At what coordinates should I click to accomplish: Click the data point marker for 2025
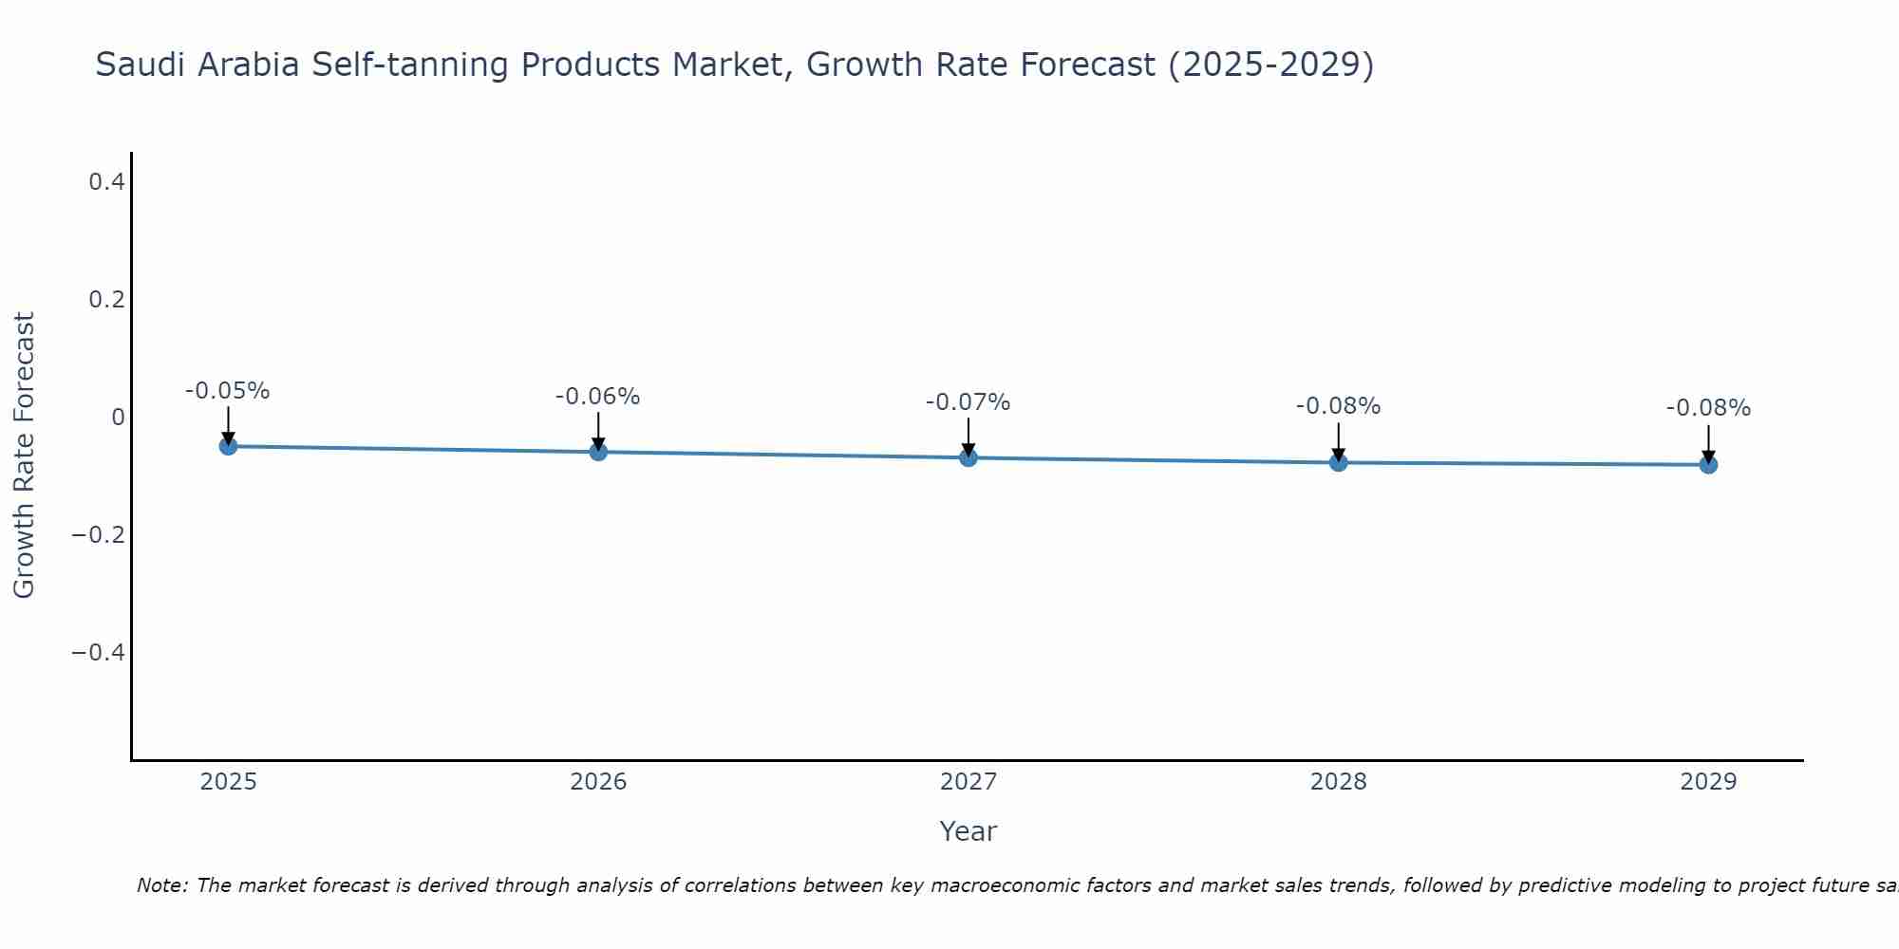point(228,446)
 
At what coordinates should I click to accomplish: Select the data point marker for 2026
point(598,452)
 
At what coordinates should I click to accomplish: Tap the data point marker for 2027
point(968,457)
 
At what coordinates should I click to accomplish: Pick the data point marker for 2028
point(1339,462)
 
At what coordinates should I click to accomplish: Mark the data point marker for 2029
point(1708,464)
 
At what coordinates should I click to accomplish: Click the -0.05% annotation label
point(228,391)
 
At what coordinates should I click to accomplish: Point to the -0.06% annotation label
point(598,397)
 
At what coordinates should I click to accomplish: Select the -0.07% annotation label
point(968,402)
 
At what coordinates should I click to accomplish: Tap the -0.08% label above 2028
point(1339,406)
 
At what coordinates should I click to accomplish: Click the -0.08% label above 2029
point(1708,408)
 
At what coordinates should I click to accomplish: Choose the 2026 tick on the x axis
point(598,782)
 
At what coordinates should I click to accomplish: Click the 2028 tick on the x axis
point(1339,782)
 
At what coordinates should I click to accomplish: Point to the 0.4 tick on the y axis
point(107,181)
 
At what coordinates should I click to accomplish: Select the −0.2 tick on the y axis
point(99,535)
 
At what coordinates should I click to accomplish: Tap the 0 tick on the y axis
point(118,418)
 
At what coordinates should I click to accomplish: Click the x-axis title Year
point(968,831)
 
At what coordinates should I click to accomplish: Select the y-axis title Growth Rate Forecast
point(24,456)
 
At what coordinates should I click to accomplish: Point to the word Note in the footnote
point(161,885)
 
